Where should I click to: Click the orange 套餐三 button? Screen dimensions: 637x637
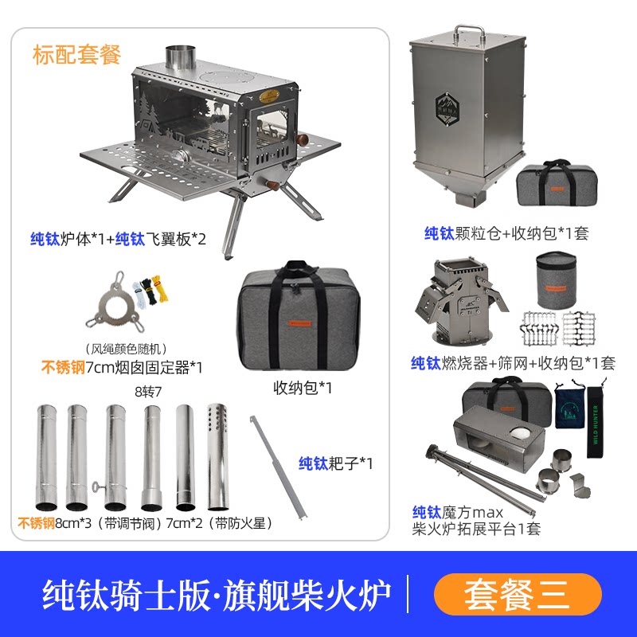pyautogui.click(x=517, y=594)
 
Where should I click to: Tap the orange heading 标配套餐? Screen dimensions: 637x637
pyautogui.click(x=76, y=55)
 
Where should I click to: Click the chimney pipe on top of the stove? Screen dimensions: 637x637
pyautogui.click(x=181, y=59)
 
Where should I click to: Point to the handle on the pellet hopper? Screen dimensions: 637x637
pyautogui.click(x=470, y=34)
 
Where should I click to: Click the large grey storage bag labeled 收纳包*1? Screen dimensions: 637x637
pyautogui.click(x=299, y=315)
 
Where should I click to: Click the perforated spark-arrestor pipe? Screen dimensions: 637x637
pyautogui.click(x=217, y=456)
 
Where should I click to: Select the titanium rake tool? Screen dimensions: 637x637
pyautogui.click(x=279, y=467)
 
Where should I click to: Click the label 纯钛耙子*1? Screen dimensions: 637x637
pyautogui.click(x=335, y=463)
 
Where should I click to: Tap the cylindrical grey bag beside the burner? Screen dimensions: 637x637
pyautogui.click(x=556, y=280)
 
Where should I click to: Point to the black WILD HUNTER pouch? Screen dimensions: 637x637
pyautogui.click(x=596, y=422)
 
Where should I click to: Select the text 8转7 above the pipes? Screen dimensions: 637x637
pyautogui.click(x=148, y=392)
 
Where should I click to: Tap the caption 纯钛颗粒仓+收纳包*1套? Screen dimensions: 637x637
pyautogui.click(x=506, y=233)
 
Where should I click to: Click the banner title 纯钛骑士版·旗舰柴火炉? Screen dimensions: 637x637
pyautogui.click(x=217, y=595)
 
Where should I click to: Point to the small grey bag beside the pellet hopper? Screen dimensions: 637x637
pyautogui.click(x=557, y=183)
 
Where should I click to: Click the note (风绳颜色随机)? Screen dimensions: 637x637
pyautogui.click(x=126, y=349)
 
